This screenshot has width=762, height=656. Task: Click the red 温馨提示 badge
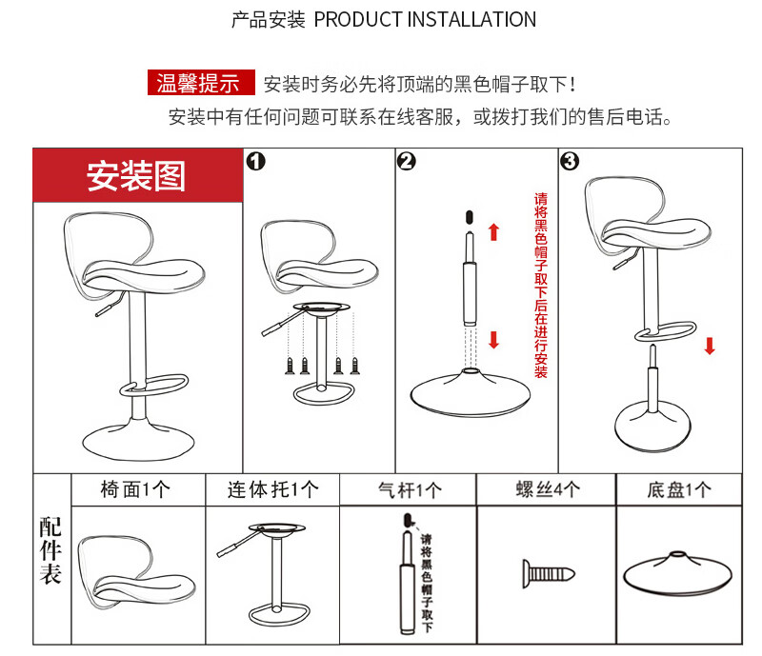click(199, 83)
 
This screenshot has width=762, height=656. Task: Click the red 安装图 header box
click(137, 175)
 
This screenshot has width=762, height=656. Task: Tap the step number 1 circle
click(255, 161)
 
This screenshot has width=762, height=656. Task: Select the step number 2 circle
click(406, 161)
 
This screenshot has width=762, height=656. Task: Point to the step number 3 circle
click(570, 161)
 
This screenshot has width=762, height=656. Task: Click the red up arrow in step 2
click(493, 232)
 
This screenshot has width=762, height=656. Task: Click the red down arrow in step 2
click(493, 339)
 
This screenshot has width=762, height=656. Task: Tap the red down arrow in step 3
click(710, 344)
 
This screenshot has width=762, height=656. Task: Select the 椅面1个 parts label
click(135, 489)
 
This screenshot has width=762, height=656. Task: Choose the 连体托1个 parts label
click(271, 489)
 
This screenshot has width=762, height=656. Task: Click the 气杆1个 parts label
click(410, 490)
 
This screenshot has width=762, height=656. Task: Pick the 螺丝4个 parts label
click(548, 489)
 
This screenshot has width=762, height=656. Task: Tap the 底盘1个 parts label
click(679, 490)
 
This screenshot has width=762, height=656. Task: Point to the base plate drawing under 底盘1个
click(679, 572)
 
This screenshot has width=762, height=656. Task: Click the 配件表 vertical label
click(50, 551)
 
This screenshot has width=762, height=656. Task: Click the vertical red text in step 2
click(540, 286)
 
